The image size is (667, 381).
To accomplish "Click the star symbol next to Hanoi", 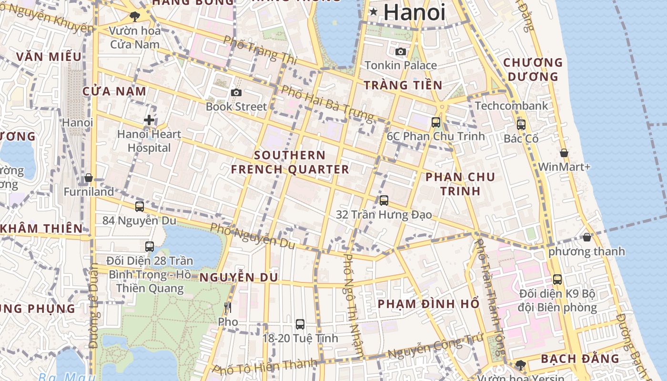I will click(x=374, y=11).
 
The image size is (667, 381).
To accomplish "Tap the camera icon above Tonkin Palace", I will click(x=401, y=51).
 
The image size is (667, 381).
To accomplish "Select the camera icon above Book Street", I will click(x=236, y=92).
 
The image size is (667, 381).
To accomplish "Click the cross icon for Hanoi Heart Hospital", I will click(x=149, y=120).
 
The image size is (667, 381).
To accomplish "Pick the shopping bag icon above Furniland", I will click(x=89, y=178).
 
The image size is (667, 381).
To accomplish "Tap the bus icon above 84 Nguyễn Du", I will click(x=140, y=207).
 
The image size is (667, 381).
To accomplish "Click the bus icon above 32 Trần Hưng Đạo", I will click(x=384, y=201).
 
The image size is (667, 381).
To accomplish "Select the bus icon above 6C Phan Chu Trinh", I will click(x=435, y=122).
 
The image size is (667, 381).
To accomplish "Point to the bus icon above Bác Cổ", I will click(x=521, y=125).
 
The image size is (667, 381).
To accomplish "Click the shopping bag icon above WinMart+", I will click(x=564, y=153).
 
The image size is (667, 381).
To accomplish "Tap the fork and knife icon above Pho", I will click(x=228, y=308).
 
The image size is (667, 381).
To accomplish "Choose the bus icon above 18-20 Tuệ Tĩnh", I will click(x=300, y=324).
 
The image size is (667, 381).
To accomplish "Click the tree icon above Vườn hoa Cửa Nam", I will click(x=135, y=17).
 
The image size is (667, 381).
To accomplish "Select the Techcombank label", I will click(x=512, y=106).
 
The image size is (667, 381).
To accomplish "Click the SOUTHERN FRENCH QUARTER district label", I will click(x=290, y=162).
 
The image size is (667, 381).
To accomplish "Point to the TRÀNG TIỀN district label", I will click(x=403, y=85).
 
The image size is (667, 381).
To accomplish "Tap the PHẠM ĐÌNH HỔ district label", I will click(x=429, y=304).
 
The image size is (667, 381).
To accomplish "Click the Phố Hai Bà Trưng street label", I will click(x=327, y=103).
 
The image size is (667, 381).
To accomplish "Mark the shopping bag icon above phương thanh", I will click(x=587, y=237).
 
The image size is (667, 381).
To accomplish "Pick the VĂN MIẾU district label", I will click(x=49, y=57).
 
